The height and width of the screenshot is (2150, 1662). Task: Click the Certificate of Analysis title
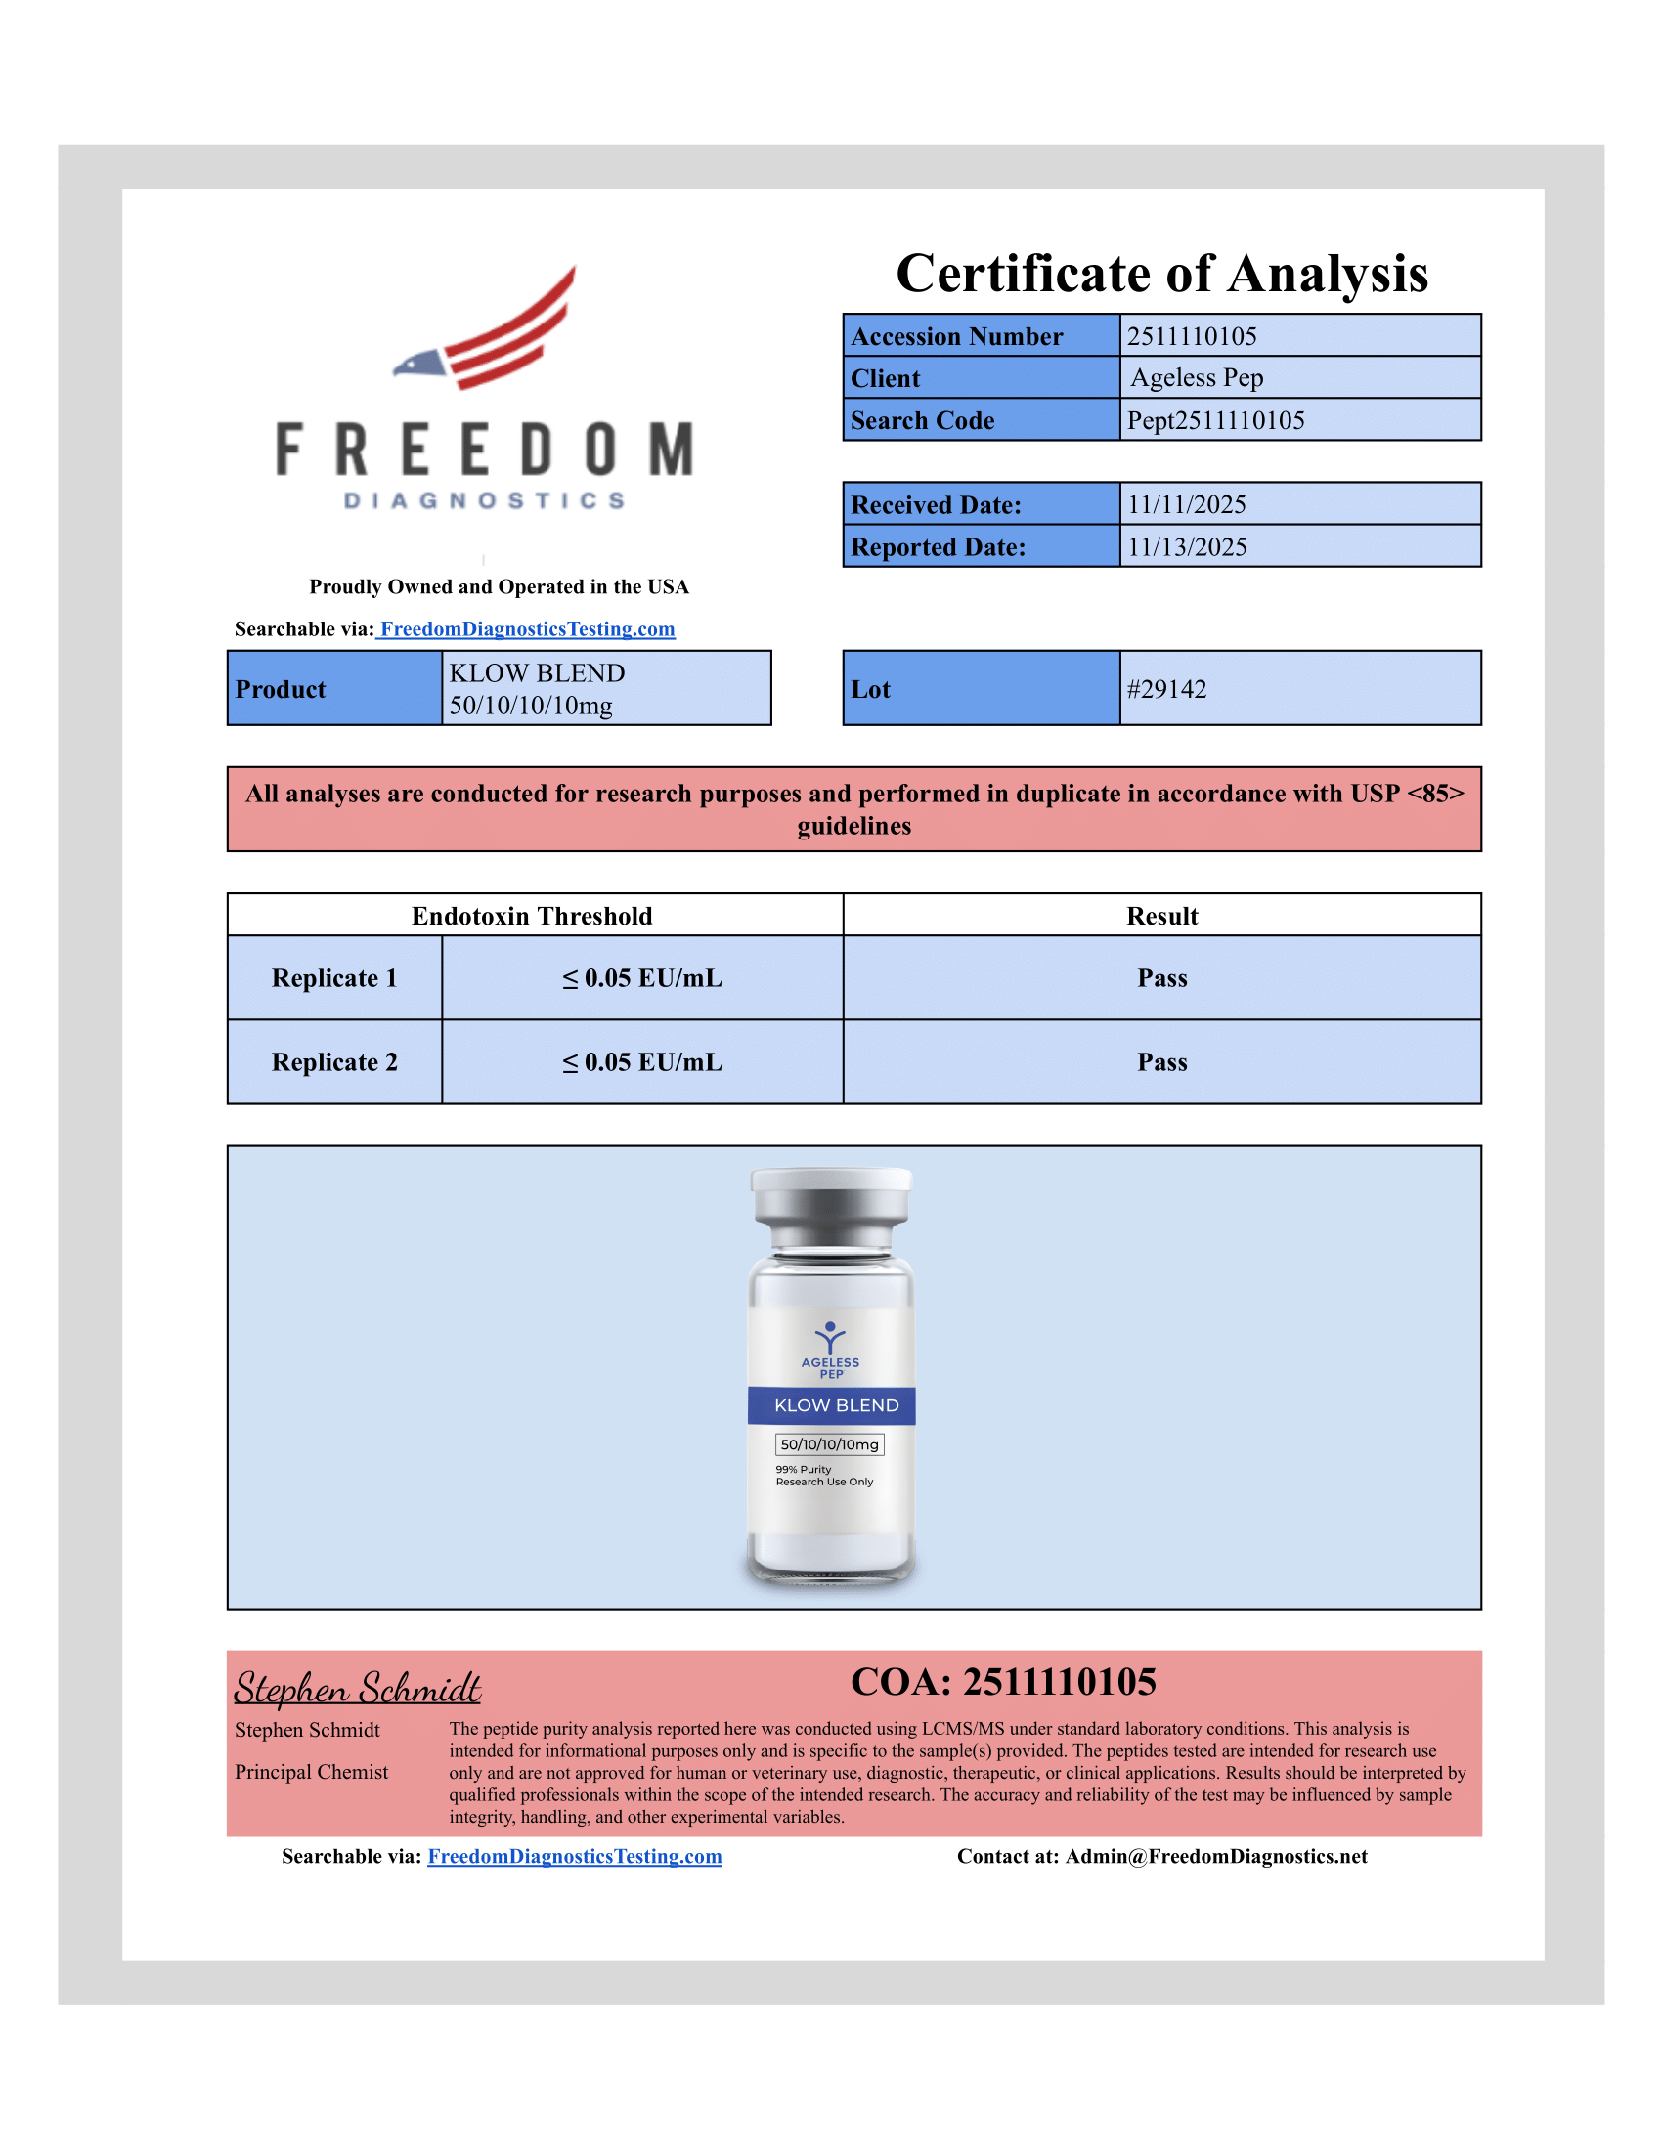tap(1160, 274)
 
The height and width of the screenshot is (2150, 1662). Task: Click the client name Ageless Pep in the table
tap(1197, 378)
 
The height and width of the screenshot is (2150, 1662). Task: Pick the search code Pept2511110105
tap(1215, 420)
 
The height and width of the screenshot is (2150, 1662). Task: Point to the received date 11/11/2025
tap(1187, 504)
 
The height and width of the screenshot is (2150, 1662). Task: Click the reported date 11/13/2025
tap(1187, 546)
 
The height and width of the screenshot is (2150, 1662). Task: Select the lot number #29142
tap(1166, 689)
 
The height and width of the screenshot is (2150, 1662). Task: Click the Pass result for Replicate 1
tap(1161, 977)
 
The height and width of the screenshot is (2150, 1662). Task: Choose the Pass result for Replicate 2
tap(1161, 1062)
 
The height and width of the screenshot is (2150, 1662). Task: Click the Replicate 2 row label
tap(333, 1062)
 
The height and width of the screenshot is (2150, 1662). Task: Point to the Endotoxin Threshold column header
tap(532, 916)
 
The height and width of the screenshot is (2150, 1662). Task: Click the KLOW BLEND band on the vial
tap(836, 1404)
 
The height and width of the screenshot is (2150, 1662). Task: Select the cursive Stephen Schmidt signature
tap(357, 1688)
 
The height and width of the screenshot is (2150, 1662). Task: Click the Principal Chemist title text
tap(311, 1772)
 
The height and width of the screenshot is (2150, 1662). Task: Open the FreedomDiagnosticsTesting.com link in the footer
tap(574, 1856)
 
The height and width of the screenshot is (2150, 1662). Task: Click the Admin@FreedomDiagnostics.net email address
tap(1216, 1856)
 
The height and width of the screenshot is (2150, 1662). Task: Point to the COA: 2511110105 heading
tap(1003, 1683)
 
